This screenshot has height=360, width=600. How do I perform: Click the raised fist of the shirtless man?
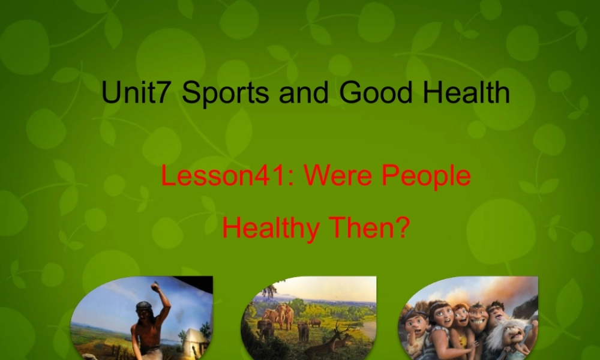[157, 287]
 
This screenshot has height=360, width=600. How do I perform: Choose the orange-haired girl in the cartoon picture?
[461, 318]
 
